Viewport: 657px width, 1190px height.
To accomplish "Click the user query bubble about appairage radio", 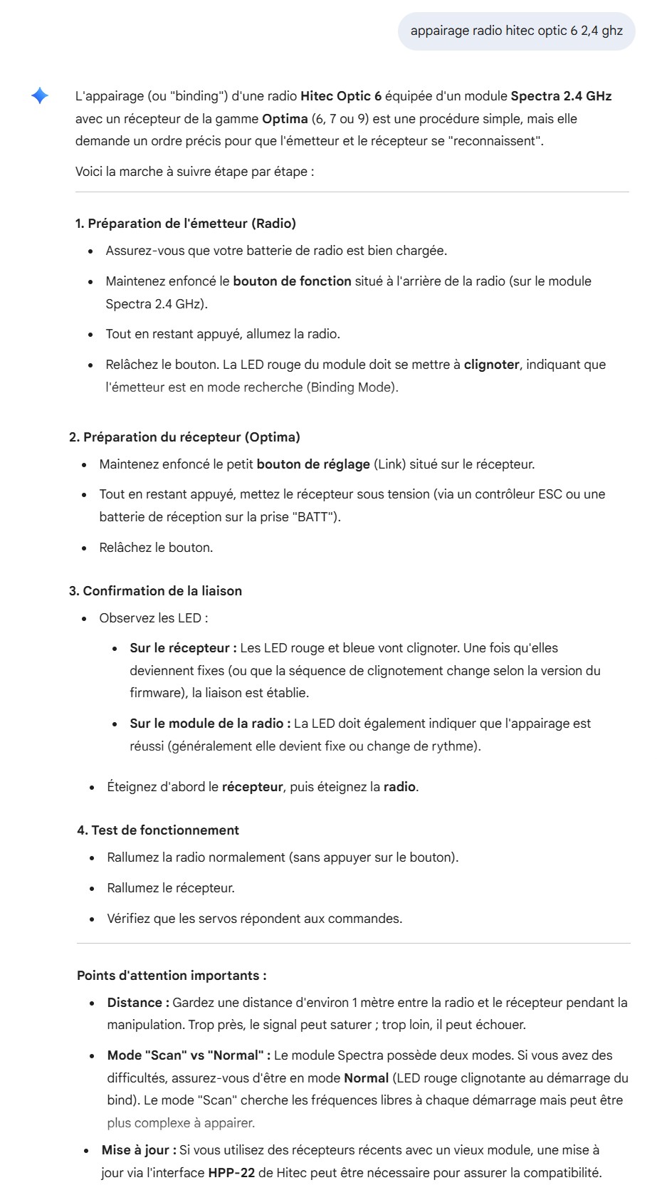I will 516,31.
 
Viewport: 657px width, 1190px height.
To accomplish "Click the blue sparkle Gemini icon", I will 40,95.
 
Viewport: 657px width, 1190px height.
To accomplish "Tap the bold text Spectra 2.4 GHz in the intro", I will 561,95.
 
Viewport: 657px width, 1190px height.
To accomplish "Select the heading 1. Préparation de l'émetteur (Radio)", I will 185,224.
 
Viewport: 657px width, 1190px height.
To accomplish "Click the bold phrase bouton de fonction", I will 292,281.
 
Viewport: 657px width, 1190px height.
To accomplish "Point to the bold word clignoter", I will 491,365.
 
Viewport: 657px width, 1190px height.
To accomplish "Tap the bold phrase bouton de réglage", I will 313,464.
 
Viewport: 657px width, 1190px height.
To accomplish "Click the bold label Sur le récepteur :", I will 183,648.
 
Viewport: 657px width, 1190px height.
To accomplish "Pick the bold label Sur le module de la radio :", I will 210,724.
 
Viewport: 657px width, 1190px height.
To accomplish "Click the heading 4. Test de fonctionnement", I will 158,830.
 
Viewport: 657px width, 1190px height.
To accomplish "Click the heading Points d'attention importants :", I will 172,976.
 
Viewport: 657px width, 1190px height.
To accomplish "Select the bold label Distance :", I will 138,1003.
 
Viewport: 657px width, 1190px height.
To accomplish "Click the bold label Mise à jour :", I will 139,1150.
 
